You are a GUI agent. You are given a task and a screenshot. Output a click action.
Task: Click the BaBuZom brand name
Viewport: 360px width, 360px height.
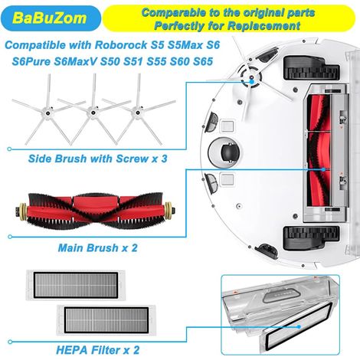tap(49, 18)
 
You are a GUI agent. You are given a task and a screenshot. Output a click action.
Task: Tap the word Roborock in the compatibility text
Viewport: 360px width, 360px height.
tap(121, 45)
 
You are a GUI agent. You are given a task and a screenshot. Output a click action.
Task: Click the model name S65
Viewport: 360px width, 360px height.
tap(203, 61)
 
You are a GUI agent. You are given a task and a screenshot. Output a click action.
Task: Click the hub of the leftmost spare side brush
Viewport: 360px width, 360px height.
tap(47, 112)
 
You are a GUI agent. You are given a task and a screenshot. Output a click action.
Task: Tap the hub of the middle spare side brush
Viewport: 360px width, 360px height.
tap(93, 112)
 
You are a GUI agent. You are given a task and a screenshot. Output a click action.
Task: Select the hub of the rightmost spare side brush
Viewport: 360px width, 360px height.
tap(137, 112)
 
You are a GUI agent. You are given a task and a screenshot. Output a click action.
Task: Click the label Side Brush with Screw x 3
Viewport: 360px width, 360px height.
tap(97, 159)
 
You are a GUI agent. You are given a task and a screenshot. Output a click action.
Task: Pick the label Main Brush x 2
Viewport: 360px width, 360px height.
tap(97, 247)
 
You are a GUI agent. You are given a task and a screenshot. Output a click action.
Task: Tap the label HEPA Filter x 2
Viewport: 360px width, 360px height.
tap(97, 350)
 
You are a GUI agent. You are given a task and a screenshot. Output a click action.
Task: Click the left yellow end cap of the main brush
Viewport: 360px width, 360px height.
tap(22, 211)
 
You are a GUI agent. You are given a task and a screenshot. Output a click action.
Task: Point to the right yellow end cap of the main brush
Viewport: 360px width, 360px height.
tap(169, 211)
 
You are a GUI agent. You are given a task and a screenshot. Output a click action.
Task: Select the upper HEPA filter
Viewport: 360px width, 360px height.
tap(76, 285)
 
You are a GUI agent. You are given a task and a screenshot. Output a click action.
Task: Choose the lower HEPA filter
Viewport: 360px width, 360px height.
tap(106, 320)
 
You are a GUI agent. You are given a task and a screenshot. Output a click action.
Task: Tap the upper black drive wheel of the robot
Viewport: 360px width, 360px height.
tap(312, 67)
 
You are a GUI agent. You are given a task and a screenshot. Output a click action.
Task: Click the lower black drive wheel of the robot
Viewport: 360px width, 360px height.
tap(312, 237)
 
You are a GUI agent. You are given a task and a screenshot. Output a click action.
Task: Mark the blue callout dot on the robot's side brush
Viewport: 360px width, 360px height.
tap(251, 82)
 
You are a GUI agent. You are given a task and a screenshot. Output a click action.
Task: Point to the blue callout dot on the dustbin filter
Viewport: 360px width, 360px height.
tap(299, 326)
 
